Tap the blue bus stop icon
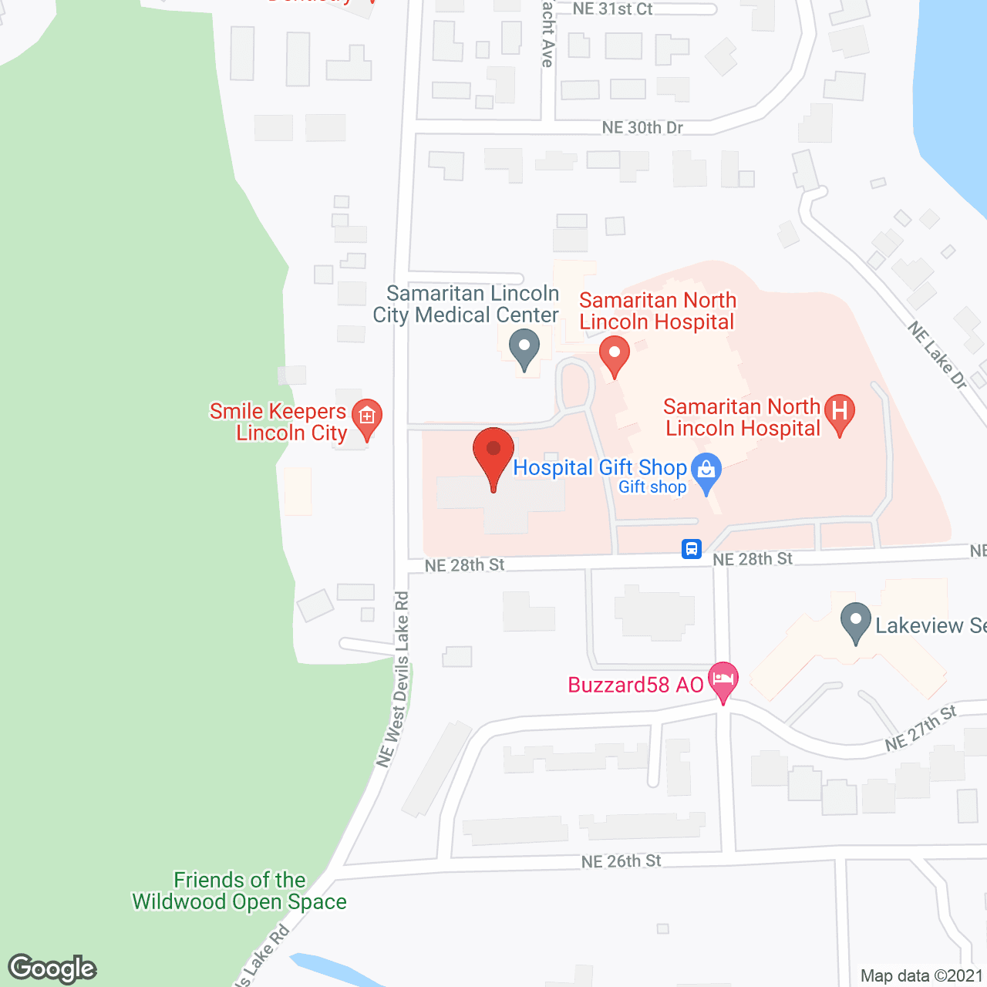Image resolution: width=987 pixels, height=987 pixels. (692, 549)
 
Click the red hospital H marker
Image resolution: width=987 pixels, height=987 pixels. (840, 412)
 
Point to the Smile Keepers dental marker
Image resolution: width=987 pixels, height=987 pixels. (367, 418)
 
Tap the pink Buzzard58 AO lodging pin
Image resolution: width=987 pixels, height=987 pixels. (723, 681)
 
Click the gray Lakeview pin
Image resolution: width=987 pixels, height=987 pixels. (855, 622)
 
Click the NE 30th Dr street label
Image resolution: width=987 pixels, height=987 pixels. (642, 127)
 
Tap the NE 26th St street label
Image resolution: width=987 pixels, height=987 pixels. (622, 861)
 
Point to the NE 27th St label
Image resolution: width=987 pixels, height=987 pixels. (921, 729)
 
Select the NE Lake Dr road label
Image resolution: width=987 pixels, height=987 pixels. (937, 355)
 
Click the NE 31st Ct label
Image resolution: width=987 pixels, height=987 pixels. (613, 9)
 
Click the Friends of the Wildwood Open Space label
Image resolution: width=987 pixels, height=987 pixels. (240, 891)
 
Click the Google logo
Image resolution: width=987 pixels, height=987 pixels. (52, 968)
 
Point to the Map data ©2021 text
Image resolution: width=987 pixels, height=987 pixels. (921, 975)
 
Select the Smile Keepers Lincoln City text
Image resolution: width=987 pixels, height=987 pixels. (279, 422)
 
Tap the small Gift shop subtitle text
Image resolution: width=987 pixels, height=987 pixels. (652, 487)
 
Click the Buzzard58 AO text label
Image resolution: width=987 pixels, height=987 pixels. (635, 685)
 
